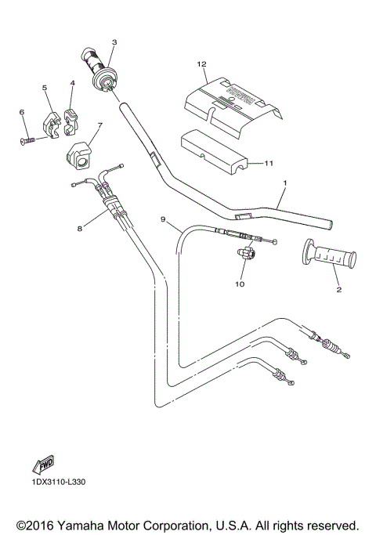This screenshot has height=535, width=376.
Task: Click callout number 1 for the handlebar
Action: click(x=284, y=183)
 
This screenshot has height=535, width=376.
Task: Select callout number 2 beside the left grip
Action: click(x=338, y=290)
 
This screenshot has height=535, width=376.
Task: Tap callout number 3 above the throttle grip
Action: click(x=114, y=42)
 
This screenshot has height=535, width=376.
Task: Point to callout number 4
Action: click(x=72, y=82)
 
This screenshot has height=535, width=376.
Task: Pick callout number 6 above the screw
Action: click(x=22, y=112)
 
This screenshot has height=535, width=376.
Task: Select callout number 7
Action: click(x=99, y=125)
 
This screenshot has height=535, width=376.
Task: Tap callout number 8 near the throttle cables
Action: click(x=78, y=230)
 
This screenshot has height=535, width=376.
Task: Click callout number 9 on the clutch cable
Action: click(x=163, y=220)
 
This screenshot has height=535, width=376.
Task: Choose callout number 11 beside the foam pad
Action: click(x=268, y=164)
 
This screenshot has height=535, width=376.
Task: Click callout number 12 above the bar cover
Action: click(x=201, y=63)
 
